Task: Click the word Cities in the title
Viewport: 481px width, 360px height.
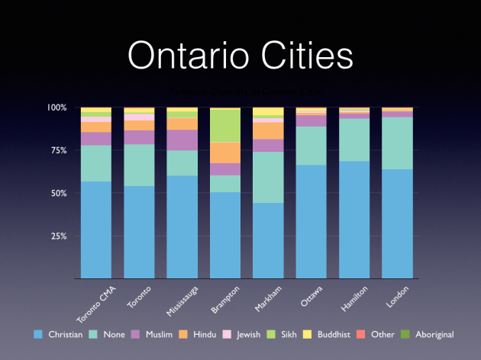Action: point(305,55)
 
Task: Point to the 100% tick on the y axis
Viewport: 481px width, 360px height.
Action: point(56,108)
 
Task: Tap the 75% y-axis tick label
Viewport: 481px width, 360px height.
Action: point(59,150)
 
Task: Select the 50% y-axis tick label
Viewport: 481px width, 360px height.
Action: point(59,193)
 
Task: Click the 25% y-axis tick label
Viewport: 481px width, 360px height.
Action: point(59,236)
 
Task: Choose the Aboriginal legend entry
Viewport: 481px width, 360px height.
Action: point(428,334)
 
